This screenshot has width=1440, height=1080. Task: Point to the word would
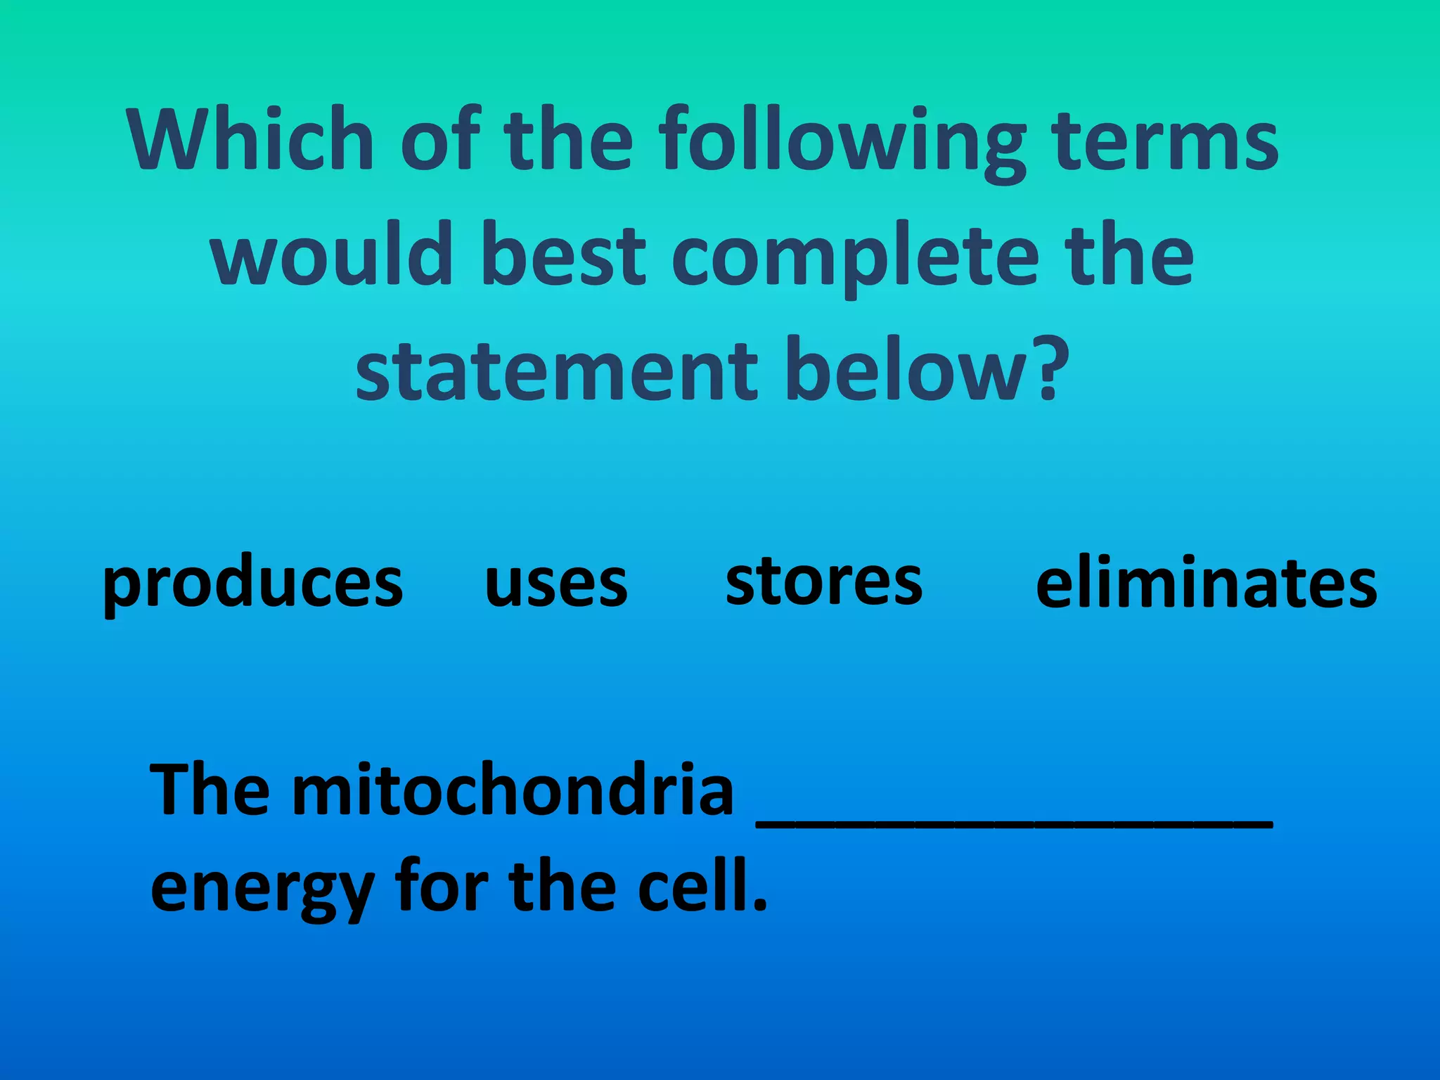click(330, 255)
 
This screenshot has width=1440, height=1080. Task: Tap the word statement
click(556, 371)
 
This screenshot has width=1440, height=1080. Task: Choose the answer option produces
click(252, 585)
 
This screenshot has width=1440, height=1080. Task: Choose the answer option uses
click(555, 585)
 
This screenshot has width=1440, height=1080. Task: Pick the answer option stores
click(823, 582)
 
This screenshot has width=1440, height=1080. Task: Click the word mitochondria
click(513, 790)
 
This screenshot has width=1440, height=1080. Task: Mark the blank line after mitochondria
click(1014, 823)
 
